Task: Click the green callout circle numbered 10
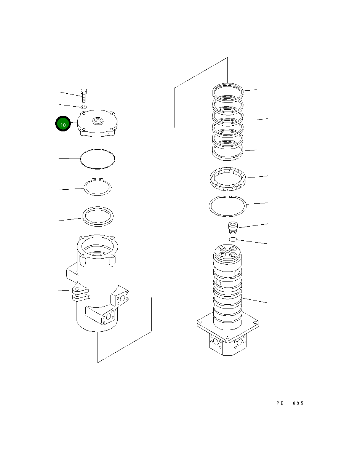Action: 63,123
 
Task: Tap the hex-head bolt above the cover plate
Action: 84,96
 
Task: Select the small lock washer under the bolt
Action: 84,107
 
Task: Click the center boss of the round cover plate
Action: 98,121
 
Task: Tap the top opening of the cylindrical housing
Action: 98,247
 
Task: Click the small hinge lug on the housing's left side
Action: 80,294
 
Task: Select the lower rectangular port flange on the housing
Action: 109,317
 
